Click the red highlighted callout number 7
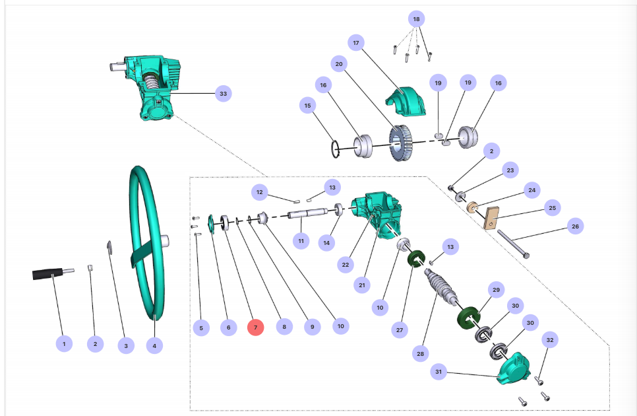[x=255, y=327]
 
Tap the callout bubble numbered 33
[x=224, y=94]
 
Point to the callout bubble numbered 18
[x=416, y=19]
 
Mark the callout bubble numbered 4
[x=154, y=345]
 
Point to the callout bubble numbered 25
[x=553, y=208]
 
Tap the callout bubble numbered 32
[x=551, y=340]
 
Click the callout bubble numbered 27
[x=400, y=329]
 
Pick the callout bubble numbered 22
[x=344, y=264]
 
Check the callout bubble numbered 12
[x=260, y=192]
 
